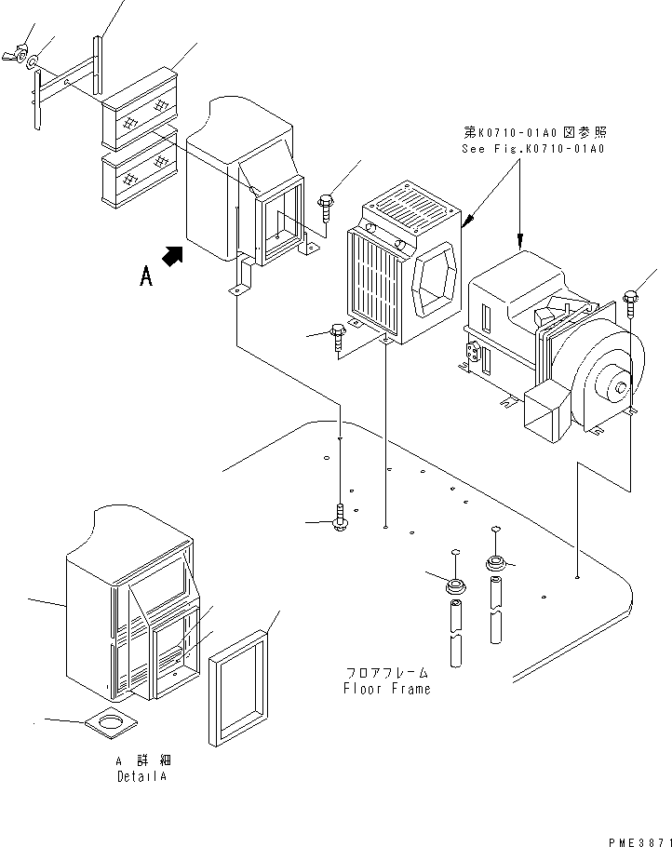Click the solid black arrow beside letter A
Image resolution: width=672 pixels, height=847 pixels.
coord(172,254)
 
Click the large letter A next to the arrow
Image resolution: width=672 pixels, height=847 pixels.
coord(145,276)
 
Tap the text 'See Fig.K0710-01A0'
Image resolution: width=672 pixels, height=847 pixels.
coord(533,149)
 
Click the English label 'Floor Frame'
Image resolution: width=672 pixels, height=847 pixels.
coord(386,689)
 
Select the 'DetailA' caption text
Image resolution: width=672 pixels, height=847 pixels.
coord(143,775)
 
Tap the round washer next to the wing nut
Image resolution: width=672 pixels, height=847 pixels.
coord(34,64)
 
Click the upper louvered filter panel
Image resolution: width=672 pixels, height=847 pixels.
coord(139,112)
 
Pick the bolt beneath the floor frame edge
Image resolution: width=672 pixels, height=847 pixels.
coord(341,518)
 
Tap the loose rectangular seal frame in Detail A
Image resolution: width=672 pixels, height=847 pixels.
coord(238,687)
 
